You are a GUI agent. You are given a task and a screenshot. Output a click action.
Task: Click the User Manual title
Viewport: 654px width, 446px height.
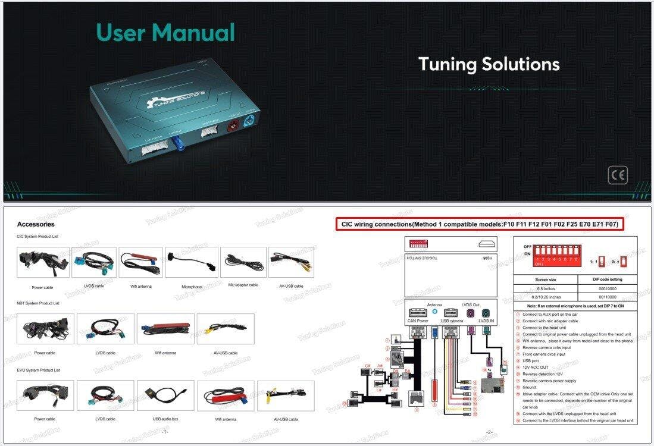pyautogui.click(x=165, y=32)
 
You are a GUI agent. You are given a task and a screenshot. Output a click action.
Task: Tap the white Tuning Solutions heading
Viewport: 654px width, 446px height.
pyautogui.click(x=489, y=64)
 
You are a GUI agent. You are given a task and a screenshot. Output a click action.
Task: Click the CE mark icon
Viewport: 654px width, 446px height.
pyautogui.click(x=618, y=175)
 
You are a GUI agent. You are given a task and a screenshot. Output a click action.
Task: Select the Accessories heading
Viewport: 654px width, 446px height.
pyautogui.click(x=36, y=224)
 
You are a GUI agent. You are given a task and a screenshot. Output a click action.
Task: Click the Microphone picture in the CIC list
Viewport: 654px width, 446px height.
pyautogui.click(x=192, y=262)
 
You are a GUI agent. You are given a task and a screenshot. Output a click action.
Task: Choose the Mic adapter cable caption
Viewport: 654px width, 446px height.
pyautogui.click(x=243, y=285)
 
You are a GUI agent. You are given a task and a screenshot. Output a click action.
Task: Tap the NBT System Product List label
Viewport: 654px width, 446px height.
pyautogui.click(x=38, y=303)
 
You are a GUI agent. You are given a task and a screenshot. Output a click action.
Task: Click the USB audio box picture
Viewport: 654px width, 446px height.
pyautogui.click(x=165, y=395)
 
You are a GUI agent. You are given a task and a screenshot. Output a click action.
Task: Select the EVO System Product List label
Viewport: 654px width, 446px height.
pyautogui.click(x=38, y=370)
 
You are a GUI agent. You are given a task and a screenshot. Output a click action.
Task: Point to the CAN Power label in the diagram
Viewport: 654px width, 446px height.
pyautogui.click(x=418, y=321)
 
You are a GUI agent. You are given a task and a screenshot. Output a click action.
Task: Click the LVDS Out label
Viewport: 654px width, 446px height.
pyautogui.click(x=470, y=304)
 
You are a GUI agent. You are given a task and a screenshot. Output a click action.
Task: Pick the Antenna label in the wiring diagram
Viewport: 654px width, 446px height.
pyautogui.click(x=434, y=304)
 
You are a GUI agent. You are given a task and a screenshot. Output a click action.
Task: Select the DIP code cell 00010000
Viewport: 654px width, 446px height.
pyautogui.click(x=607, y=288)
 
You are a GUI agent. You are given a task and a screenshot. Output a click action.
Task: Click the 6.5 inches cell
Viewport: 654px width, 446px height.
pyautogui.click(x=546, y=288)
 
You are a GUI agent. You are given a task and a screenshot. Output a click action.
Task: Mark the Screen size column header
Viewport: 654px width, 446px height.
pyautogui.click(x=546, y=279)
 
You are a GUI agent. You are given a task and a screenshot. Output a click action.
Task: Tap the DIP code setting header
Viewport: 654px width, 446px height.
pyautogui.click(x=607, y=279)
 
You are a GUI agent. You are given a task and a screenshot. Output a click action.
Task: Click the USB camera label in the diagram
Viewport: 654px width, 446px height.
pyautogui.click(x=452, y=321)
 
